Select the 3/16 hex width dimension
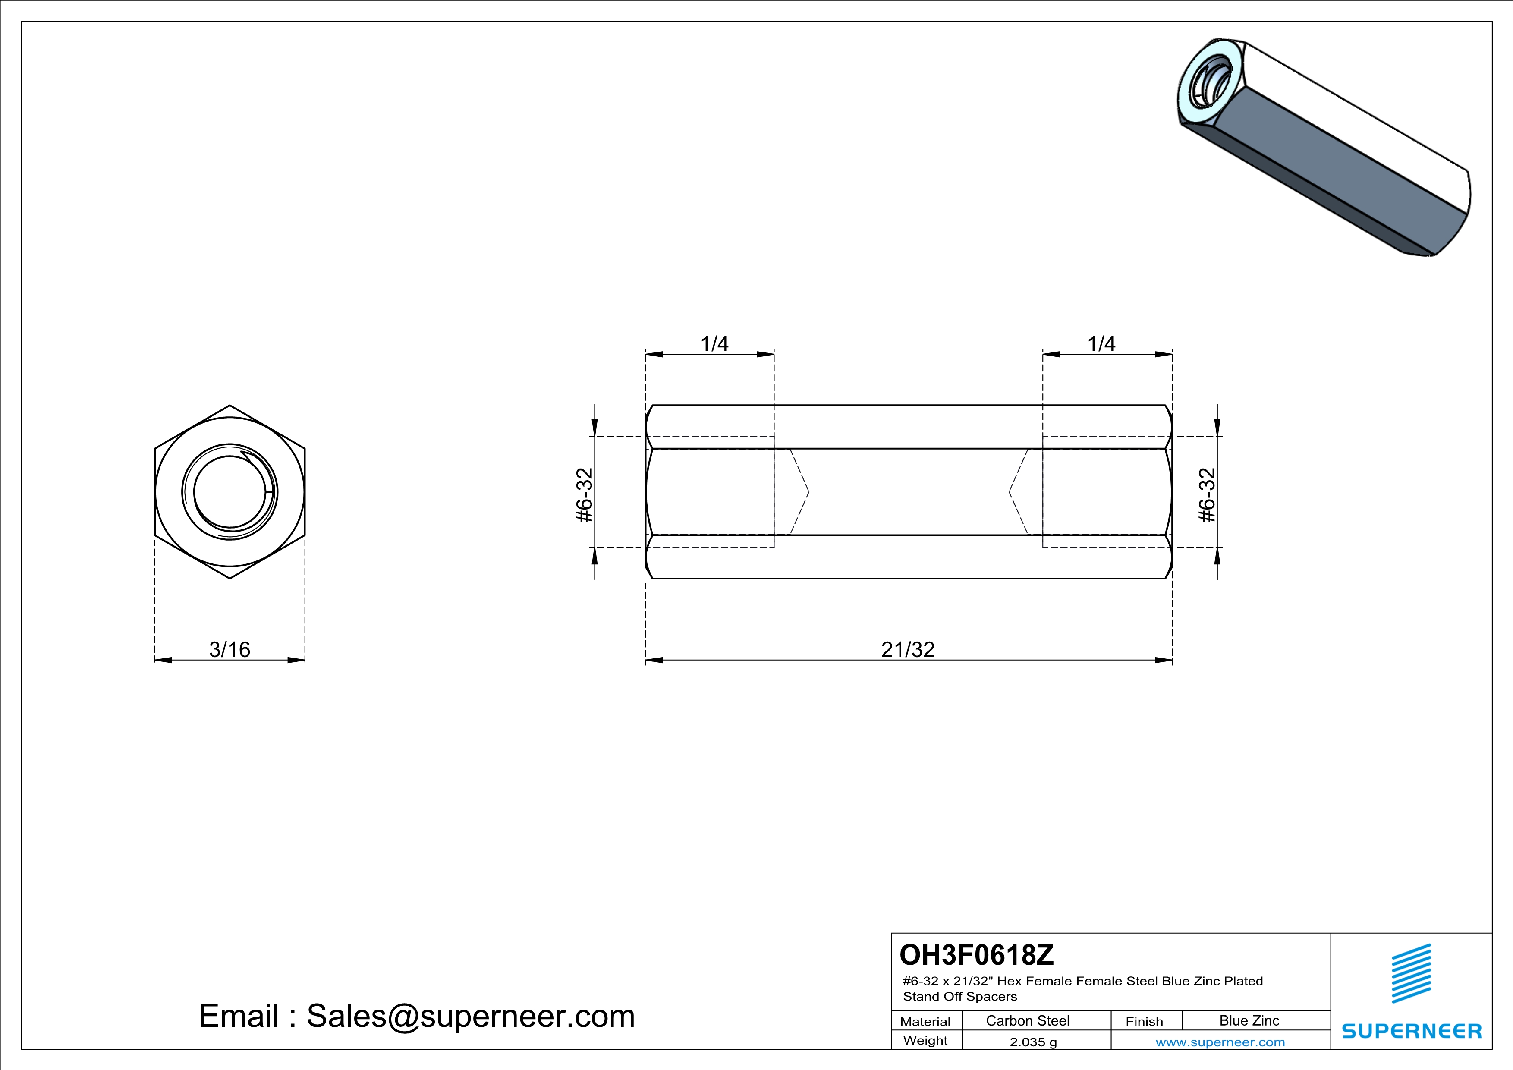[230, 650]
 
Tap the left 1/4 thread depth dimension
[714, 344]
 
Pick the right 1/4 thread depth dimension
[1101, 344]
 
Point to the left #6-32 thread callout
[585, 495]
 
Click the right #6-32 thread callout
[1207, 495]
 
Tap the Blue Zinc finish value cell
[1249, 1020]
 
